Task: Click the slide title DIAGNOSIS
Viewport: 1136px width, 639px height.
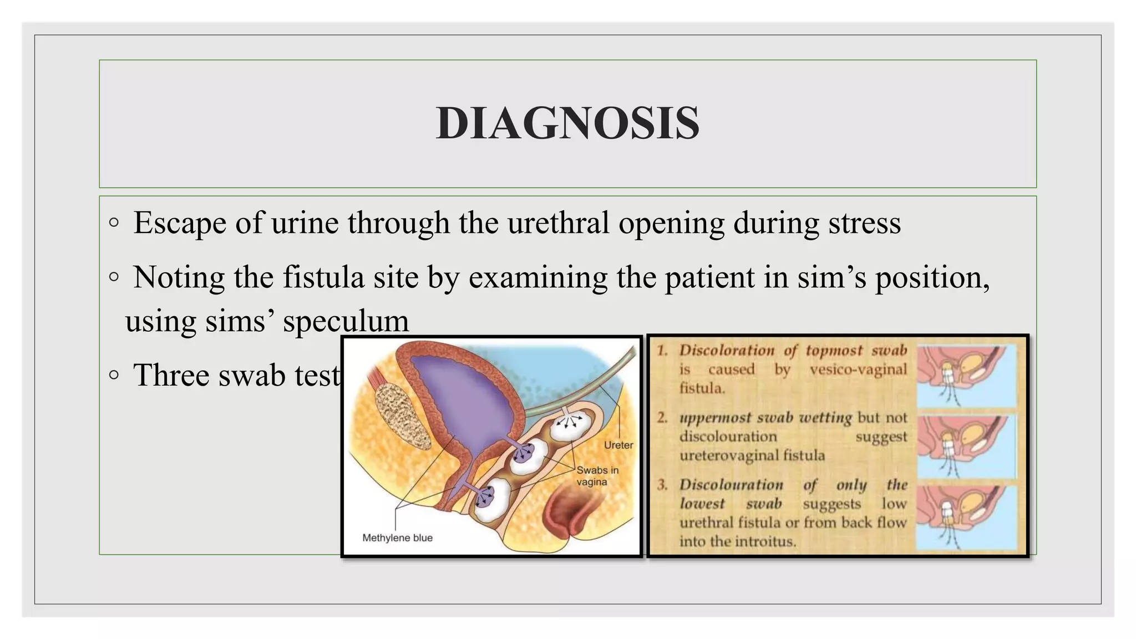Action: (567, 123)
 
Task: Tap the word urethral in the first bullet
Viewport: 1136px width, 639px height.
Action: (558, 223)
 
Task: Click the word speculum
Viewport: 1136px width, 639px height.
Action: (346, 321)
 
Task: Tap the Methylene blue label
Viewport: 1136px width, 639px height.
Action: (397, 537)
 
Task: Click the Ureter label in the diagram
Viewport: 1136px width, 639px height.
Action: (618, 445)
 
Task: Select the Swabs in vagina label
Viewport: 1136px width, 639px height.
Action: (596, 476)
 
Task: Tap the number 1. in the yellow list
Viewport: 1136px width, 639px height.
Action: (662, 351)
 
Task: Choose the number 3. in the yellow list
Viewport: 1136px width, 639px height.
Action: (662, 485)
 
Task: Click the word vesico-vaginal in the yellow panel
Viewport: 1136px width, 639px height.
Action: (858, 369)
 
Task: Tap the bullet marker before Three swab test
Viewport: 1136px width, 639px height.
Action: (114, 375)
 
